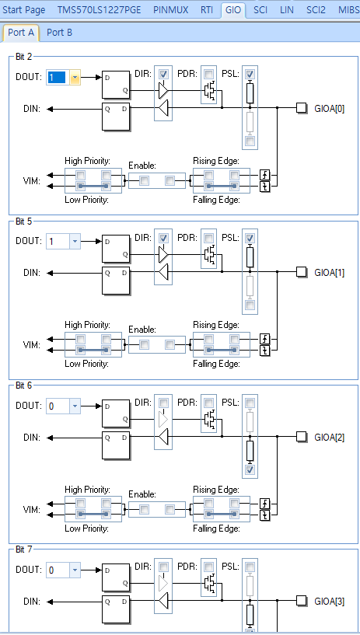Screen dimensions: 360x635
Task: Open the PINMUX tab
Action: click(x=170, y=10)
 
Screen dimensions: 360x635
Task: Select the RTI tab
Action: click(x=207, y=10)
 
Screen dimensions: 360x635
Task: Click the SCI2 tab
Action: click(x=316, y=10)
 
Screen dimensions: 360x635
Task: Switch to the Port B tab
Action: click(x=60, y=33)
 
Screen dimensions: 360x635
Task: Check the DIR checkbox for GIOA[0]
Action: click(x=163, y=74)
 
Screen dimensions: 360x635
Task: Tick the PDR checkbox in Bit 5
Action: click(x=209, y=238)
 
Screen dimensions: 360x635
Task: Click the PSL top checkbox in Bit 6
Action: click(x=250, y=403)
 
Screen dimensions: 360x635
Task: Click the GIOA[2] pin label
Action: click(x=329, y=437)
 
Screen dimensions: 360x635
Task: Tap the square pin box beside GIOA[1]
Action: click(x=301, y=272)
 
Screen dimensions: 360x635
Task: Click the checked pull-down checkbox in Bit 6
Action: click(x=250, y=469)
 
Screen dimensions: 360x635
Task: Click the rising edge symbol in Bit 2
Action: click(x=265, y=176)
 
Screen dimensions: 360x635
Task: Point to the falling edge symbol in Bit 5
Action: click(x=265, y=350)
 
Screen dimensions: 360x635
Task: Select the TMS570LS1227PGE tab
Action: click(x=99, y=10)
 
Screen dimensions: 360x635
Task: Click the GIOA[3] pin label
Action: click(x=329, y=602)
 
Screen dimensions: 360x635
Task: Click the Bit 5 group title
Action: click(x=24, y=221)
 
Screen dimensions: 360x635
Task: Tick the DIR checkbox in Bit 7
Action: click(x=163, y=567)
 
